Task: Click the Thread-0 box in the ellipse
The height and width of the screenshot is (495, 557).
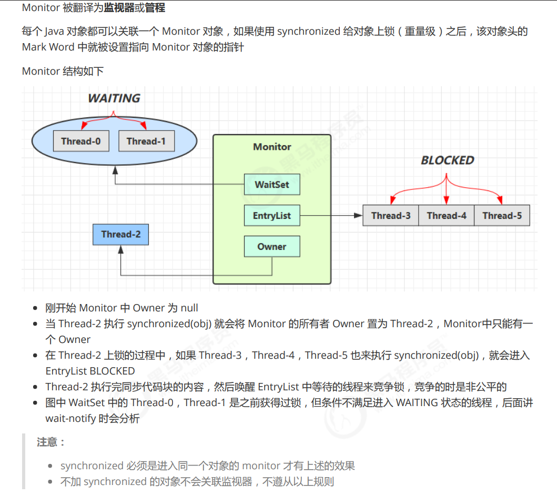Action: [x=81, y=141]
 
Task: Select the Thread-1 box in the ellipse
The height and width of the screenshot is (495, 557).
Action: [x=146, y=141]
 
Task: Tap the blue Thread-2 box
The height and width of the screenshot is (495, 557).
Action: [x=120, y=234]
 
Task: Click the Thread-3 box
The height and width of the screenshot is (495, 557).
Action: [x=391, y=216]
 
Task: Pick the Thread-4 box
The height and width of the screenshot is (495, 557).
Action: [x=447, y=216]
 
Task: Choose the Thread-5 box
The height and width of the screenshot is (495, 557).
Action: [x=502, y=216]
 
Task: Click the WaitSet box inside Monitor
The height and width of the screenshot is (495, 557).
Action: [x=272, y=185]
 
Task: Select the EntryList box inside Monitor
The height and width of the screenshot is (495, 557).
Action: [x=272, y=216]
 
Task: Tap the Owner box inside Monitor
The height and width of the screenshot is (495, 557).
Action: [x=272, y=247]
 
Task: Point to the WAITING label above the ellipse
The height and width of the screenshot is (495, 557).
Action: [x=114, y=98]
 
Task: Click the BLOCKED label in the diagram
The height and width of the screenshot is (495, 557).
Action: [x=447, y=160]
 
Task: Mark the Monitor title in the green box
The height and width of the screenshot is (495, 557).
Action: [x=272, y=147]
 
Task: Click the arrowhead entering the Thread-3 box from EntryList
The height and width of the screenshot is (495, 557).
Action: [x=359, y=216]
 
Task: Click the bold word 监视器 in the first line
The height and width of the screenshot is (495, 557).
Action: [x=119, y=8]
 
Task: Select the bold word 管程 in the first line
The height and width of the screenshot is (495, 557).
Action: [x=155, y=8]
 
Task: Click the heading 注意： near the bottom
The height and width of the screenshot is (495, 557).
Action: [x=50, y=442]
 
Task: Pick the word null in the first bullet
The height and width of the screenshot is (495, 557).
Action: [x=189, y=308]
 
